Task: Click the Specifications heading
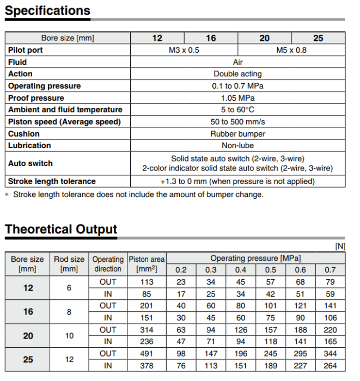point(47,11)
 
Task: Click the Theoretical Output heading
point(61,229)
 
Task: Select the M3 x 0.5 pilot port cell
point(184,50)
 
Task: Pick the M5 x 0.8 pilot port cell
point(291,50)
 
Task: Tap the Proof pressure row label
point(36,98)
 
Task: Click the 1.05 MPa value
point(237,98)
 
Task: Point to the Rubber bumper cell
point(237,134)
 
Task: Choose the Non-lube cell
point(237,145)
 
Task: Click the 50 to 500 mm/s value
point(237,121)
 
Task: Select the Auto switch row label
point(30,163)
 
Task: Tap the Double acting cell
point(237,74)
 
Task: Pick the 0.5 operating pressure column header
point(270,270)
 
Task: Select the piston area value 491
point(147,354)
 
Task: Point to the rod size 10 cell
point(69,336)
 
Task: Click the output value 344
point(330,354)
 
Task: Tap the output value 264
point(330,366)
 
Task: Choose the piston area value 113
point(147,282)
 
